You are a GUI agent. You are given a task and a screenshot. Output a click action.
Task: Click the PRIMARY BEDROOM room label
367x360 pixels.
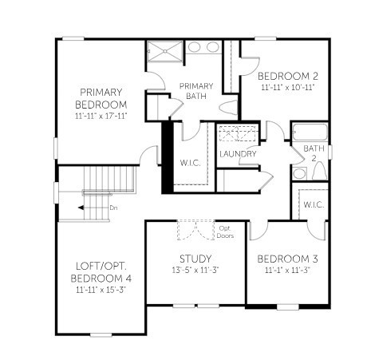[101, 98]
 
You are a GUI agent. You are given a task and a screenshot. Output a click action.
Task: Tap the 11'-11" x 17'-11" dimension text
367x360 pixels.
[101, 116]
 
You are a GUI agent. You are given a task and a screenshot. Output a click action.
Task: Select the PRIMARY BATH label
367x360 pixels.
[195, 91]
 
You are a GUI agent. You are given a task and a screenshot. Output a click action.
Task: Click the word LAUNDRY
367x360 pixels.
[238, 153]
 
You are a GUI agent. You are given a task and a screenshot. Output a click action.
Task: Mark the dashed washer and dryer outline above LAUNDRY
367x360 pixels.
[238, 133]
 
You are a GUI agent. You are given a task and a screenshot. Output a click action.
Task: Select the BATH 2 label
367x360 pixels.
[314, 152]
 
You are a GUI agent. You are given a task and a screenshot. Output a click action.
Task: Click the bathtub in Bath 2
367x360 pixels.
[310, 133]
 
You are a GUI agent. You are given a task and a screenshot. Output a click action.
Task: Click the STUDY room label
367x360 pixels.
[195, 259]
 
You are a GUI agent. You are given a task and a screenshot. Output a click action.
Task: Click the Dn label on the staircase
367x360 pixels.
[113, 208]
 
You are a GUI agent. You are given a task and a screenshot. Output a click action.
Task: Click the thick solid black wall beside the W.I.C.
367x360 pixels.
[167, 157]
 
